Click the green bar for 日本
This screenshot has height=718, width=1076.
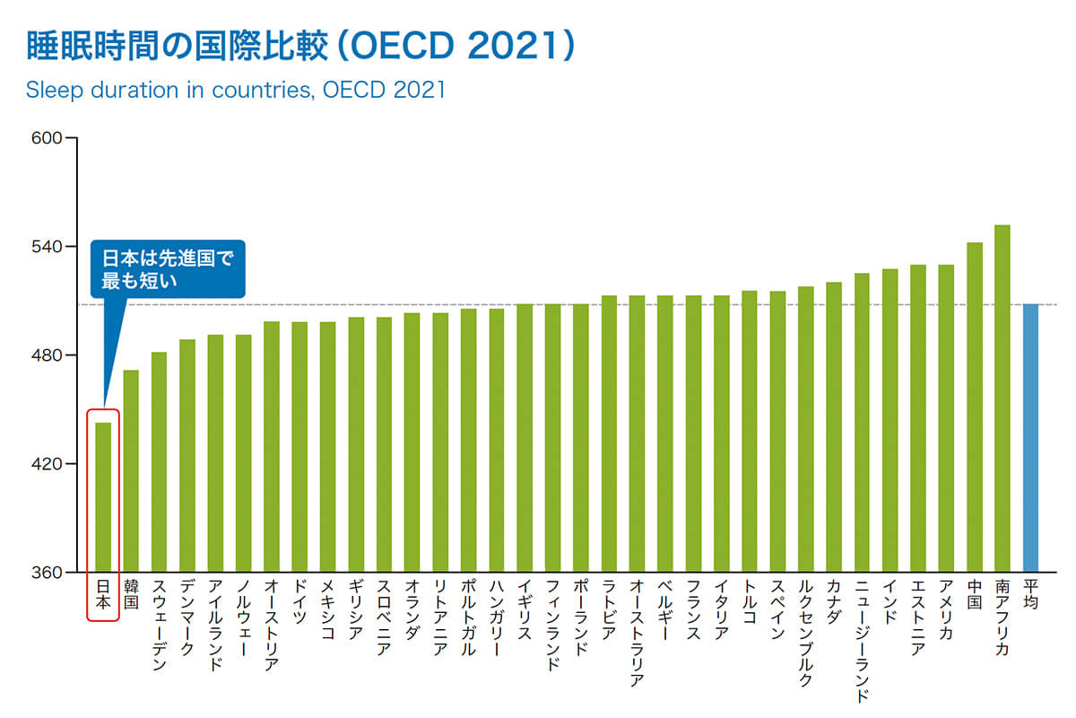click(103, 497)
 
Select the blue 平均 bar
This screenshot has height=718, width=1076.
click(1031, 438)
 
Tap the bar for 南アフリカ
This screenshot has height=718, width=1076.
click(1002, 398)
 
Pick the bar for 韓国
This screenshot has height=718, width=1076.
click(131, 471)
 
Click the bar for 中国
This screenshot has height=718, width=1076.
click(975, 407)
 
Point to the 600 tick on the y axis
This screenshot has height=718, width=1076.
click(46, 138)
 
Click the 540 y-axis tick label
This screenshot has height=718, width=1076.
click(46, 247)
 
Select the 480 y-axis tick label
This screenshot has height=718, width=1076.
click(46, 355)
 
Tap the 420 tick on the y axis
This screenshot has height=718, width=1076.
click(46, 464)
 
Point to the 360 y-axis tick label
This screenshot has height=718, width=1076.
click(46, 573)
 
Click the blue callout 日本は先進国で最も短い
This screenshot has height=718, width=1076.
click(167, 269)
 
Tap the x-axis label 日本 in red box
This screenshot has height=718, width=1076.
click(103, 598)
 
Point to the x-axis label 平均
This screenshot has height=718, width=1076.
click(1031, 598)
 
